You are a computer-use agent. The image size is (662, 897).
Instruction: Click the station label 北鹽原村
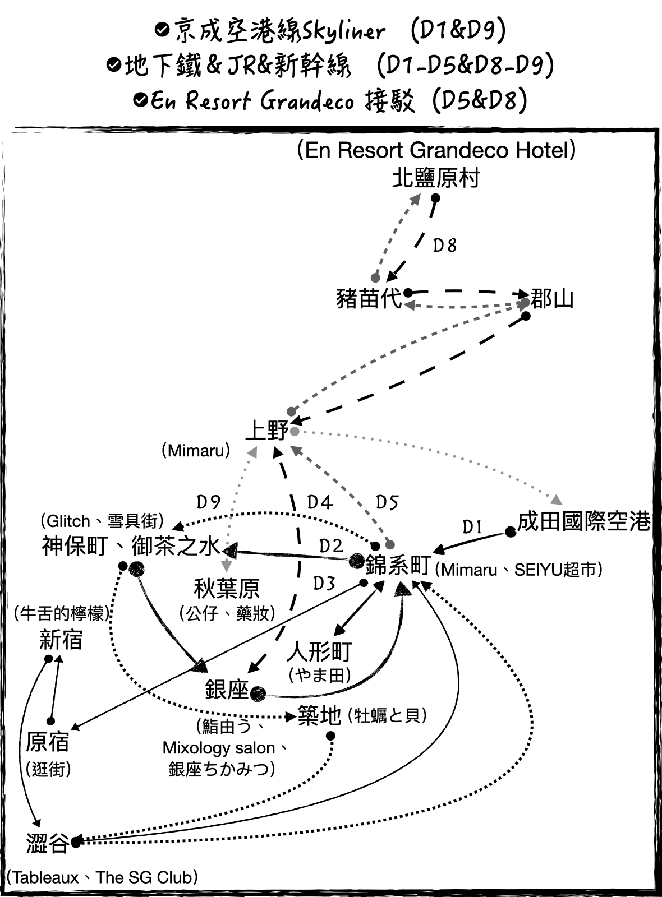(436, 178)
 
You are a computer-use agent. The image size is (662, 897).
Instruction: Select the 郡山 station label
(552, 299)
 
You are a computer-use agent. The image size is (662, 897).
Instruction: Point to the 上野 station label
(266, 431)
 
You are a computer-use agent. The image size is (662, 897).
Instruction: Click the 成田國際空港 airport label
(583, 521)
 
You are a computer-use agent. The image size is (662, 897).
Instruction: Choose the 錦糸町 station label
(398, 566)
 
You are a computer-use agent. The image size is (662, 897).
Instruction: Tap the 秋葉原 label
(226, 589)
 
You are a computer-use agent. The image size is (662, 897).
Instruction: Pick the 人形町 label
(319, 652)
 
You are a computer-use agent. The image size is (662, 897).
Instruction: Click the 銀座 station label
(227, 690)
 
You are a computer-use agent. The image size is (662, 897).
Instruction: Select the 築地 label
(319, 715)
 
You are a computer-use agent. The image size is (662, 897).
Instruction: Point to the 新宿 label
(61, 640)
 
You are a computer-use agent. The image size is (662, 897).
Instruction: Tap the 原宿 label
(47, 742)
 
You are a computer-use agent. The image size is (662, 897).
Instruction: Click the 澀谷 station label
(47, 843)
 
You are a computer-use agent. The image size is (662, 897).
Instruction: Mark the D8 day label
(445, 245)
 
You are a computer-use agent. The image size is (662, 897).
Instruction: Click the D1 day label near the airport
(472, 527)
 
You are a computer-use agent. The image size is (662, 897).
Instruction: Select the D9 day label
(208, 501)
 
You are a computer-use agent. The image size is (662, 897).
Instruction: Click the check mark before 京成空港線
(162, 30)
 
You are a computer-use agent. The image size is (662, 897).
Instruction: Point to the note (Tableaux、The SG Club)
(102, 877)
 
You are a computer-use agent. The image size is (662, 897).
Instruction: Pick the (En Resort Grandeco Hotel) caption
(436, 150)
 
